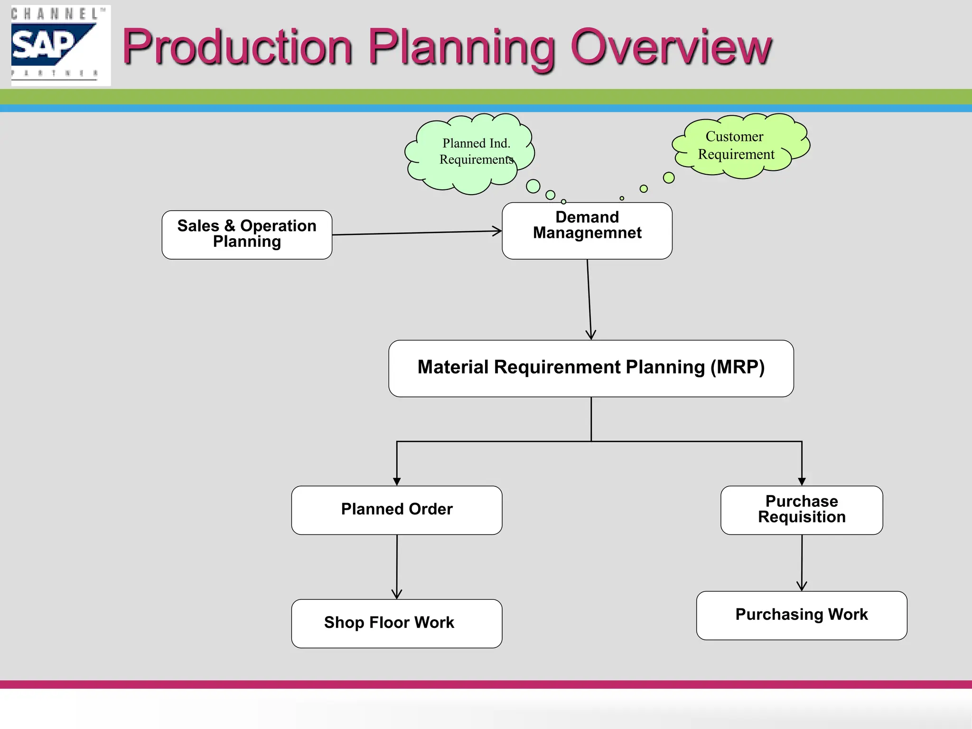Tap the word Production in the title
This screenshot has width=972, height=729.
237,47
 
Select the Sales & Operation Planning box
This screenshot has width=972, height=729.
247,234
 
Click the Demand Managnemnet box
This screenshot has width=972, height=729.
587,231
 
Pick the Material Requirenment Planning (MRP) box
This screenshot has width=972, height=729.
591,368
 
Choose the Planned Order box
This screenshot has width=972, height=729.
397,510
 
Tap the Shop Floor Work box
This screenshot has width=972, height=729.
397,623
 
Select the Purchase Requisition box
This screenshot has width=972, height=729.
802,510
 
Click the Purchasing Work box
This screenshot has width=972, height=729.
802,615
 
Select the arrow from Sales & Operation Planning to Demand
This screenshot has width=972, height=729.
417,233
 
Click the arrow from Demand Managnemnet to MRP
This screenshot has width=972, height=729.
589,299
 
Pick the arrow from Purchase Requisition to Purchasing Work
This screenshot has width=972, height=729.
802,562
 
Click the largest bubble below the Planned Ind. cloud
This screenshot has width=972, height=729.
533,186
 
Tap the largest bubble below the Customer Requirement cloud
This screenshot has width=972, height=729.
669,178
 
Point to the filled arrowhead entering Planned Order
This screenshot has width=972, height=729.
397,482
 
